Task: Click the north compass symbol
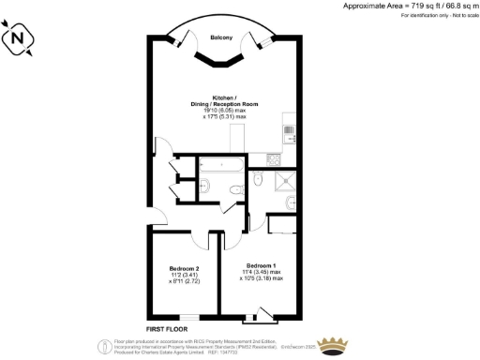click(19, 39)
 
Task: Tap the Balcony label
click(221, 38)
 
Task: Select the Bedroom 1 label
click(261, 265)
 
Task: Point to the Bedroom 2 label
click(183, 267)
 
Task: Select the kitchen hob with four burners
click(289, 130)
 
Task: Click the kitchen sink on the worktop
click(289, 153)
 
